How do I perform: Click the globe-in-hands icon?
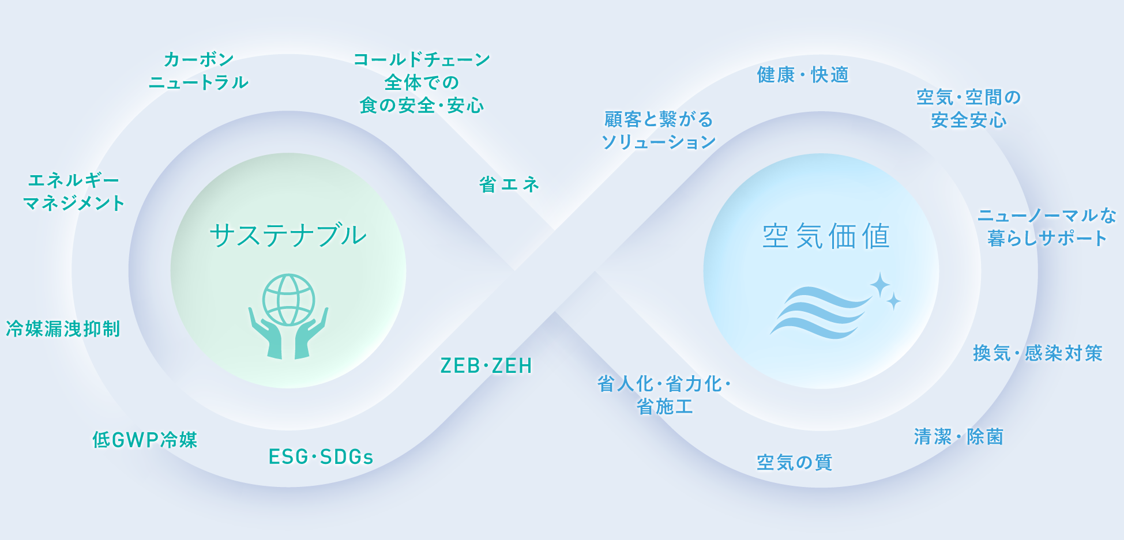point(288,316)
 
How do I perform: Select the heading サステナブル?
point(288,236)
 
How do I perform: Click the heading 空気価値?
point(826,236)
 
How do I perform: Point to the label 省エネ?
point(509,184)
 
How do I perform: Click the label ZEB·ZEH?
point(486,366)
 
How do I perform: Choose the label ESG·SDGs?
point(321,457)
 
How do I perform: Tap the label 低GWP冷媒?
point(145,440)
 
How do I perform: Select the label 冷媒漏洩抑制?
point(63,329)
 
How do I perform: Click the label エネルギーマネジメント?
point(74,192)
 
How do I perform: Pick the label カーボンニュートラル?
point(198,71)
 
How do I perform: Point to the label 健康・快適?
point(803,75)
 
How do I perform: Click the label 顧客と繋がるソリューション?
point(659,131)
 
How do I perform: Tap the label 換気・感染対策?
point(1037,353)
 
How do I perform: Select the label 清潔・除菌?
point(958,437)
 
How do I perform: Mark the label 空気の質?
point(795,462)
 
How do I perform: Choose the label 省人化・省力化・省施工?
point(664,395)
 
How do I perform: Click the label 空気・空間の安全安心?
point(969,109)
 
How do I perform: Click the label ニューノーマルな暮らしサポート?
point(1047,227)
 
